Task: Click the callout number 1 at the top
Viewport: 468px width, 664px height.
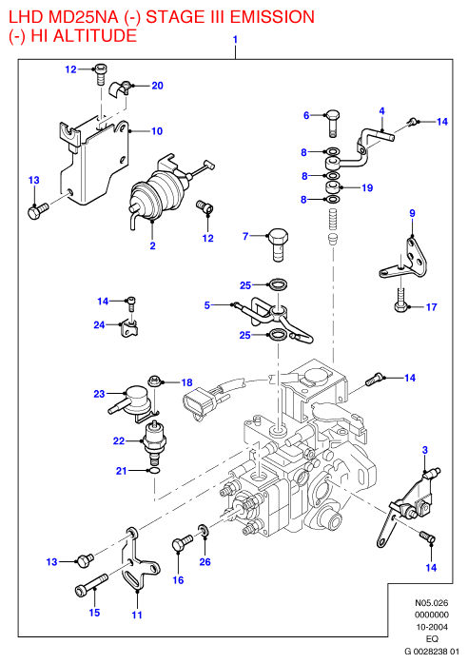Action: [235, 40]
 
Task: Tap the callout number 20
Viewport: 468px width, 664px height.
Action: [158, 86]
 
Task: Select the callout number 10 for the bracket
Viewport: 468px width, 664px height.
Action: [157, 131]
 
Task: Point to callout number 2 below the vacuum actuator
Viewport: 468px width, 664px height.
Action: [153, 245]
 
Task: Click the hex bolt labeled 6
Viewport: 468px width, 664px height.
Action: [333, 123]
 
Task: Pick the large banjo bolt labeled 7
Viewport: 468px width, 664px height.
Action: [277, 244]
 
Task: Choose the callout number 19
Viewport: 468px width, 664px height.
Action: [367, 187]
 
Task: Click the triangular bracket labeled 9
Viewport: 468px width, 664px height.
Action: [403, 259]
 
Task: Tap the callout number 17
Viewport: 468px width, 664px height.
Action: [431, 307]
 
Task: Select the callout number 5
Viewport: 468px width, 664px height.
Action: [207, 305]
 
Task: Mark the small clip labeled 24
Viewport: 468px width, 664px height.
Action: [130, 328]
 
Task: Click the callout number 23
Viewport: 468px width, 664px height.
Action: [99, 394]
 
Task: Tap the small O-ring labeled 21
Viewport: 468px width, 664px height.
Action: [154, 471]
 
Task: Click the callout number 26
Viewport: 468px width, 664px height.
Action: [205, 562]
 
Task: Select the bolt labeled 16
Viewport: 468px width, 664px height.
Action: [182, 544]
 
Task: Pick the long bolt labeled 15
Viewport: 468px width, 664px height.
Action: [91, 583]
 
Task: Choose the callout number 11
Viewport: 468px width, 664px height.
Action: [137, 615]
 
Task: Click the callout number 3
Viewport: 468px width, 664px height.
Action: [425, 450]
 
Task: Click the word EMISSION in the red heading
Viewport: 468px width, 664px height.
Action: [272, 17]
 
